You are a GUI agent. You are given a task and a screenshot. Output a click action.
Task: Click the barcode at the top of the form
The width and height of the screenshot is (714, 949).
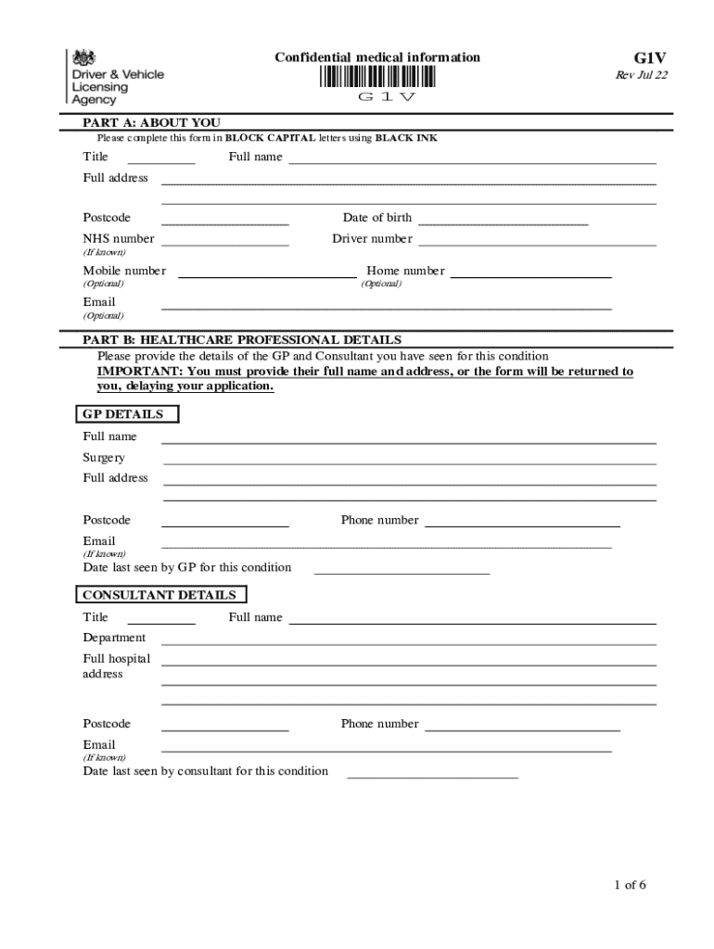pos(378,77)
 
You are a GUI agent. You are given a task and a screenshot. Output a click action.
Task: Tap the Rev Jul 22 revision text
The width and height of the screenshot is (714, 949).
pos(642,76)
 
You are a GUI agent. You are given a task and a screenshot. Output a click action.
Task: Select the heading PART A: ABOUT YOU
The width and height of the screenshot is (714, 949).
pos(152,122)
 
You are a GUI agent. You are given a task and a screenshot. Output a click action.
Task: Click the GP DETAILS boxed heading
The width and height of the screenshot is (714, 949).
pos(124,414)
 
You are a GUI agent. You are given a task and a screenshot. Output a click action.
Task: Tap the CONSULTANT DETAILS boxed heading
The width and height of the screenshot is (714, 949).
pos(160,595)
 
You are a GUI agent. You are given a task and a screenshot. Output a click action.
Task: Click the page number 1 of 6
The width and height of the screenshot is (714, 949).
pos(630,885)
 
